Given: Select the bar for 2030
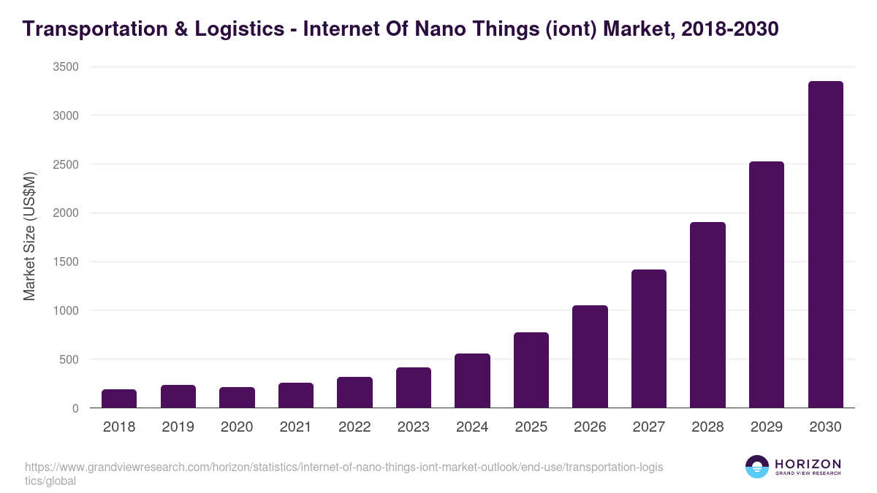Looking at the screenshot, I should [x=825, y=245].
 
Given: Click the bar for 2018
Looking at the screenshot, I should [x=119, y=399].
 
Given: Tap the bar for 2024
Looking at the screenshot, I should [x=472, y=381].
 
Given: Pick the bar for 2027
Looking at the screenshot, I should [x=649, y=339].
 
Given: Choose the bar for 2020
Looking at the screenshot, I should [x=237, y=397].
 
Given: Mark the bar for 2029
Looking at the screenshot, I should [x=767, y=285].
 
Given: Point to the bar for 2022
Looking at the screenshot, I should [x=354, y=392].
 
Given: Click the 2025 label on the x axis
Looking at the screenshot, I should [x=531, y=427].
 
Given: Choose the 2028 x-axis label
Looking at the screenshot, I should [x=707, y=427].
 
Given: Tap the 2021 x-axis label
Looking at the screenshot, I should [x=295, y=427].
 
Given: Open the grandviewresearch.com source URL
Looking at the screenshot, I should [x=343, y=467].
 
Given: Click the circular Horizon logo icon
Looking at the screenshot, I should [x=757, y=467].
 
